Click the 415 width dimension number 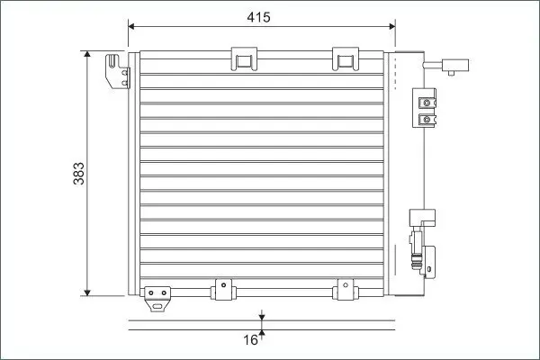pyautogui.click(x=258, y=17)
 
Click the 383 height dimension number pyautogui.click(x=79, y=174)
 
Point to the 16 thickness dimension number pyautogui.click(x=250, y=340)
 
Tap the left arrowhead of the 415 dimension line pyautogui.click(x=131, y=26)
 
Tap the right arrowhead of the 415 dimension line pyautogui.click(x=391, y=26)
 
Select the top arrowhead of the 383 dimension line pyautogui.click(x=87, y=54)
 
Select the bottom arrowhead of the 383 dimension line pyautogui.click(x=87, y=292)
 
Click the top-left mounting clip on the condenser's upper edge pyautogui.click(x=244, y=58)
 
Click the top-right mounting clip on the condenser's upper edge pyautogui.click(x=346, y=58)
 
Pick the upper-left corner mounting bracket pyautogui.click(x=118, y=71)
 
